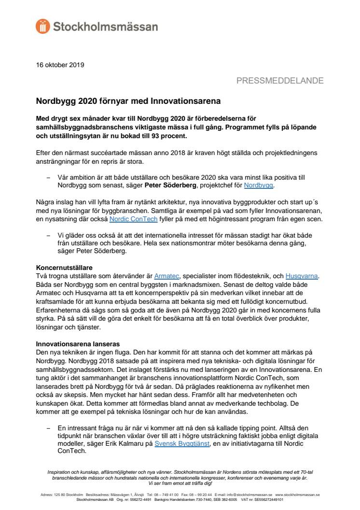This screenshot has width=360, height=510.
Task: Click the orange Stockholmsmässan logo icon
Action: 43,26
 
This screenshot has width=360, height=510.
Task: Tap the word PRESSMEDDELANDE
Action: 279,81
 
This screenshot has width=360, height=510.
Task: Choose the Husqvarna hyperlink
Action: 301,276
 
